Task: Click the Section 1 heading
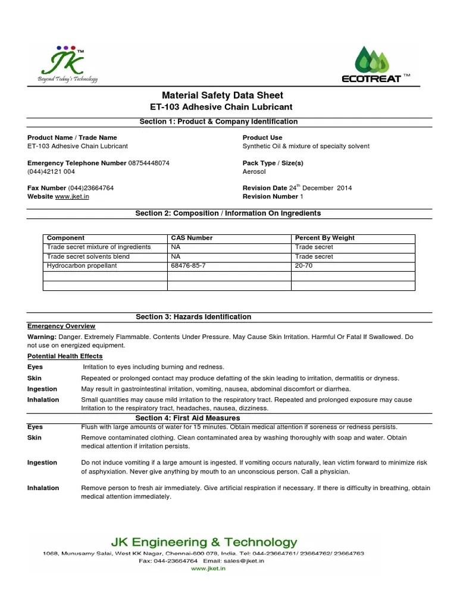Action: point(218,121)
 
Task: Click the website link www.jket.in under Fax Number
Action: point(72,196)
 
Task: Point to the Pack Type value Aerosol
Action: point(255,171)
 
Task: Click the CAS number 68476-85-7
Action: point(189,266)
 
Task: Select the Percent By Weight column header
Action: point(325,238)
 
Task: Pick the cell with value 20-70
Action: point(303,266)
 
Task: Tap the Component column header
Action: point(65,238)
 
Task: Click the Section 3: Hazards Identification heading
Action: point(193,316)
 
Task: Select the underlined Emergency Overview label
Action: point(61,327)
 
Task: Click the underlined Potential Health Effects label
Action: point(65,356)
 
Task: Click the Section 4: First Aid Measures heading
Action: point(188,419)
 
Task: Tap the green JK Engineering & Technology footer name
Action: point(204,542)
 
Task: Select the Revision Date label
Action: point(265,188)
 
